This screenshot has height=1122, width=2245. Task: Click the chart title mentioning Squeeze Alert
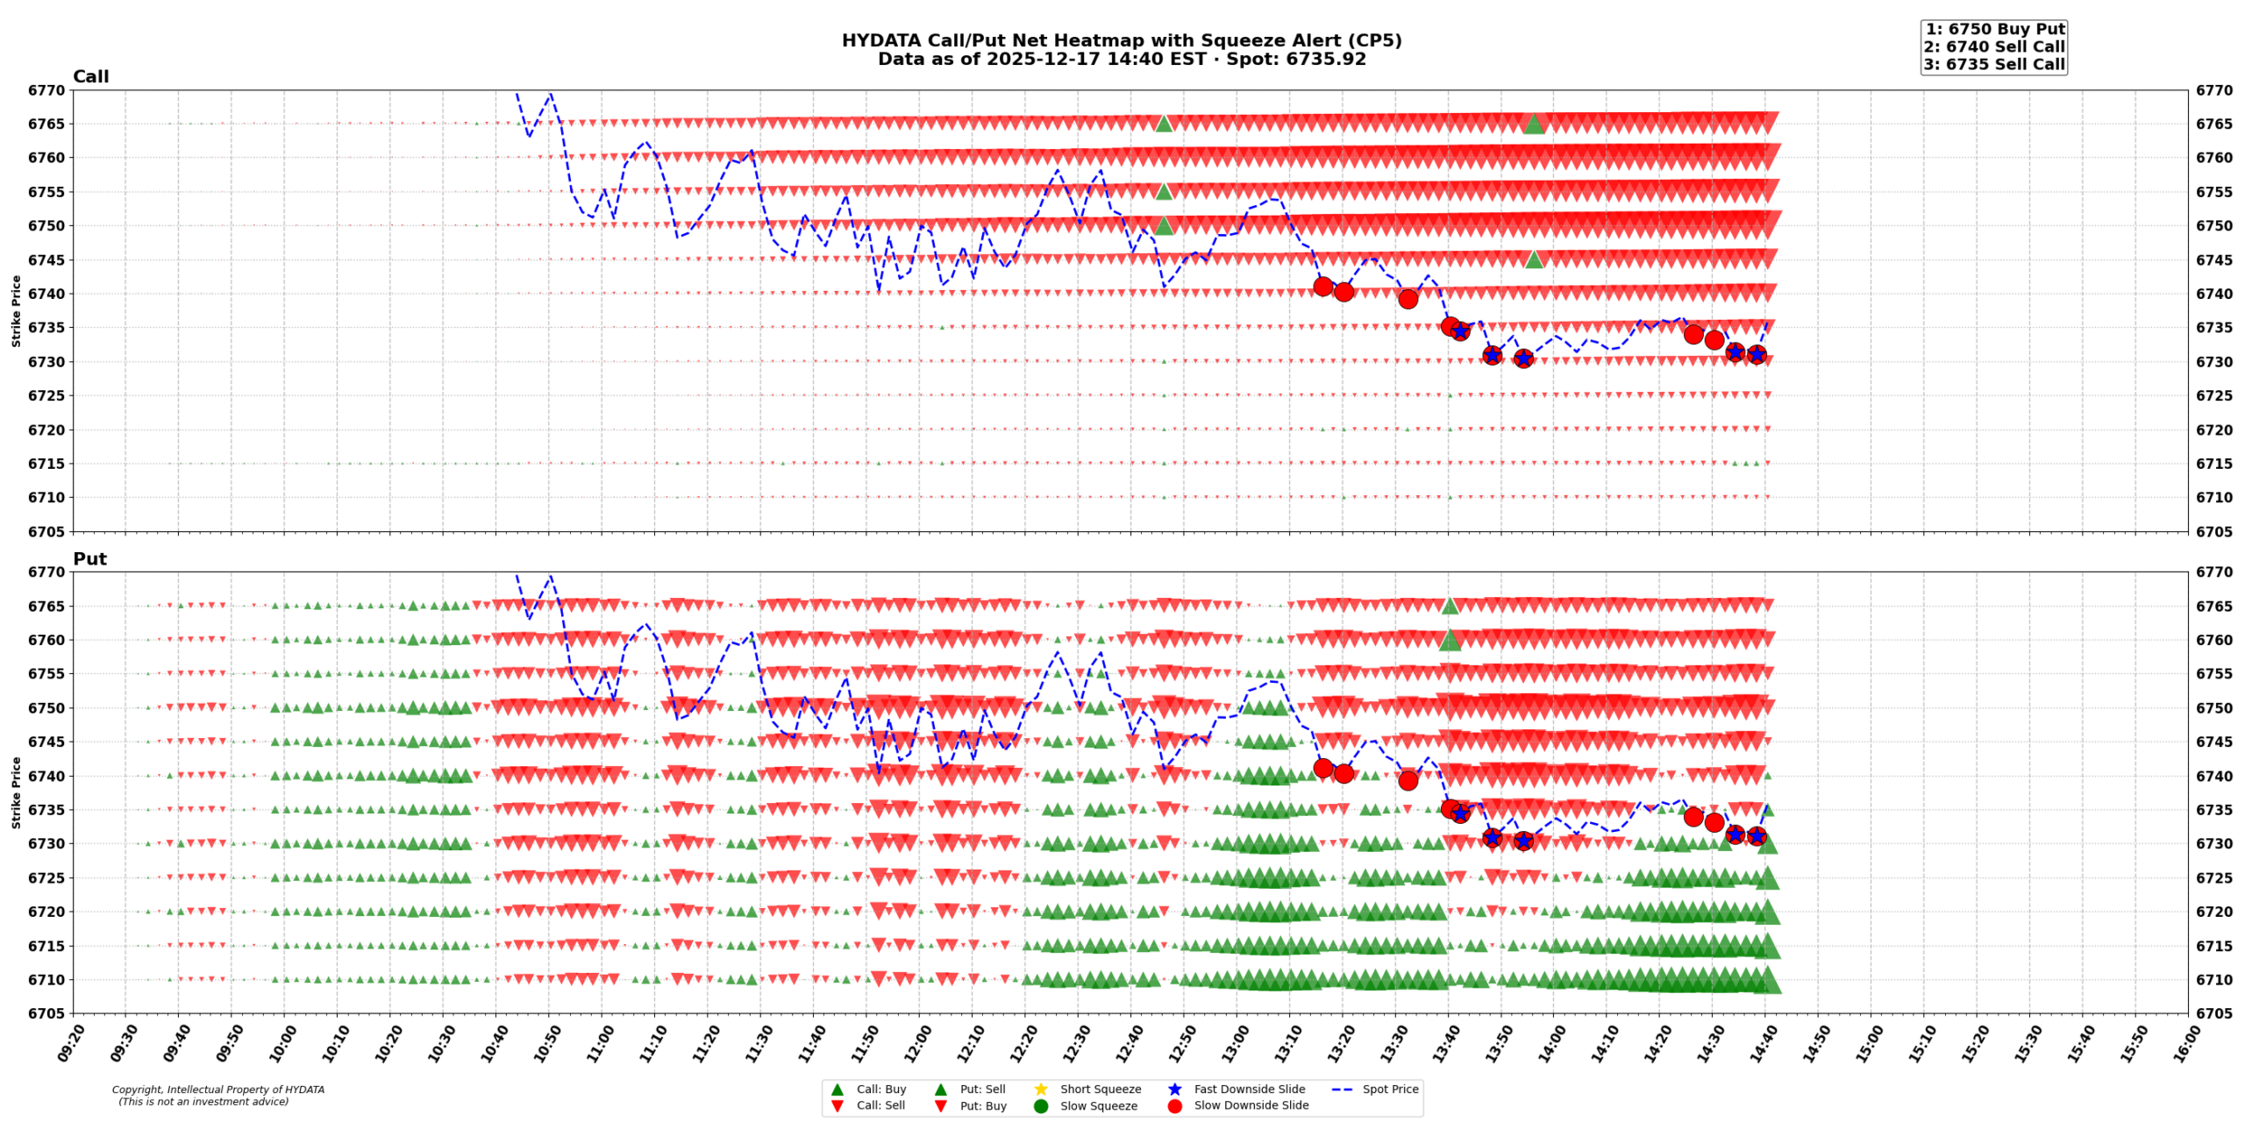pos(1121,41)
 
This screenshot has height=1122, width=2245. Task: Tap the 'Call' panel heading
pos(90,77)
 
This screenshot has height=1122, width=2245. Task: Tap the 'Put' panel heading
pos(89,559)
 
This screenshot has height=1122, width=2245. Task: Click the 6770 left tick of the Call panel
pos(46,90)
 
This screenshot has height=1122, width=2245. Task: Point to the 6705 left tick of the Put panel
pos(46,1014)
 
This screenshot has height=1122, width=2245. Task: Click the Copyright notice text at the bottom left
pos(217,1096)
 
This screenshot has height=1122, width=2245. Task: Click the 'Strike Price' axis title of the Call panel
pos(16,311)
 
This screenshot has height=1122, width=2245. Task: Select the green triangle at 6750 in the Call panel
pos(1164,225)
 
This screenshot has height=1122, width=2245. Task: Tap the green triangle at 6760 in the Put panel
pos(1450,640)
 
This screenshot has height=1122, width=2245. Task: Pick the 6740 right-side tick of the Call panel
pos(2214,294)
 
